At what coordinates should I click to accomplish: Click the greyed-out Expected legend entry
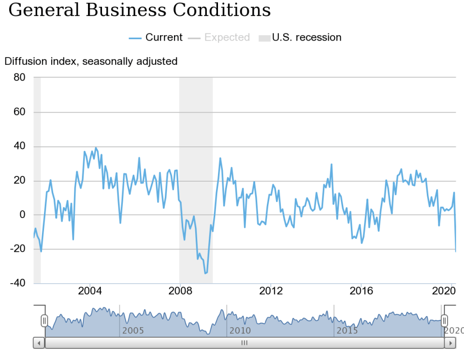(227, 38)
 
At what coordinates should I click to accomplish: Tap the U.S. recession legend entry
(306, 38)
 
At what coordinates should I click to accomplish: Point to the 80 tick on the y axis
(19, 77)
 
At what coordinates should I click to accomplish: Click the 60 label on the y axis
(19, 112)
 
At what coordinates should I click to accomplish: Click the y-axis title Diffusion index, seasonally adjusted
(91, 61)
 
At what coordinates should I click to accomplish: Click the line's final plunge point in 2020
(455, 251)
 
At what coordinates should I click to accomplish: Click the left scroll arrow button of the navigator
(39, 343)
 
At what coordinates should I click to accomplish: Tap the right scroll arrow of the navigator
(450, 343)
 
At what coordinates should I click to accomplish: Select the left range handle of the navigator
(44, 320)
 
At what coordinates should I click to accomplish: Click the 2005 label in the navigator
(133, 331)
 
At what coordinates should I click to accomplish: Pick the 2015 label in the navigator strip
(347, 331)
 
